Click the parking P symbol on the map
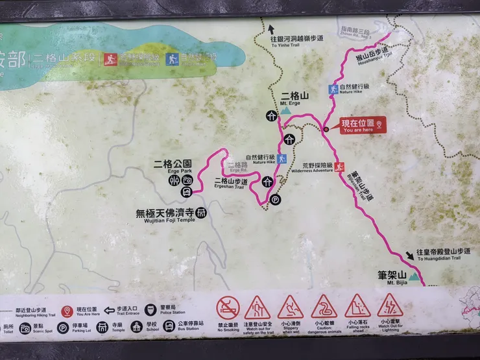274,200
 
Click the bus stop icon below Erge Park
186,191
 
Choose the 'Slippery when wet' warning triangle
290,306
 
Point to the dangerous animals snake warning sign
323,306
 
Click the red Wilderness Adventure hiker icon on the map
339,165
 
